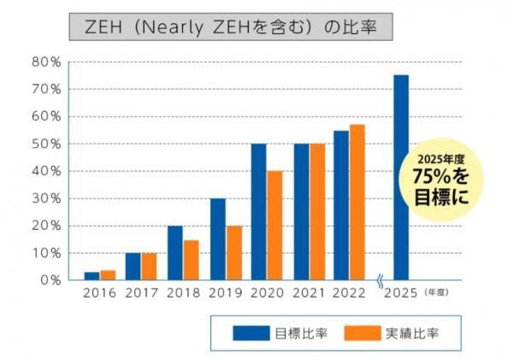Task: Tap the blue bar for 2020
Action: pyautogui.click(x=258, y=212)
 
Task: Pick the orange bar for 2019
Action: pyautogui.click(x=233, y=253)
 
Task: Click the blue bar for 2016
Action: pyautogui.click(x=91, y=275)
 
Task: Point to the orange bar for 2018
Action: pyautogui.click(x=191, y=260)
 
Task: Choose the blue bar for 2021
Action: pyautogui.click(x=301, y=212)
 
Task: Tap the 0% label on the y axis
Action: pyautogui.click(x=49, y=280)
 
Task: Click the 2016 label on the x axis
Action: pyautogui.click(x=99, y=293)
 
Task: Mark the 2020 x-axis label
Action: pyautogui.click(x=267, y=293)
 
